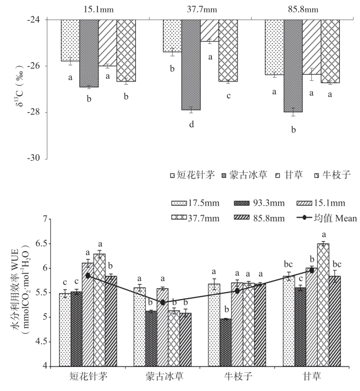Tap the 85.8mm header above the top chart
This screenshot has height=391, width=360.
pos(302,9)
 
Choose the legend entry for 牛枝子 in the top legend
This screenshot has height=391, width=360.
pos(333,176)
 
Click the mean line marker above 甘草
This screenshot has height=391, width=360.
pos(311,270)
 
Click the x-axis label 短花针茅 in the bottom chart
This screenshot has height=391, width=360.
pos(89,378)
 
